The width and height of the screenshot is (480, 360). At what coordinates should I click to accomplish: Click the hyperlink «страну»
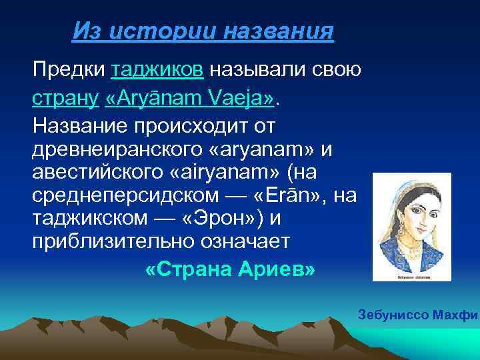66,99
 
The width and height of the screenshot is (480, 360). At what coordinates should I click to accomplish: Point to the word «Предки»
69,69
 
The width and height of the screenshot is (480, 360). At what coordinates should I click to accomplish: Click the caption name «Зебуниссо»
387,314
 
